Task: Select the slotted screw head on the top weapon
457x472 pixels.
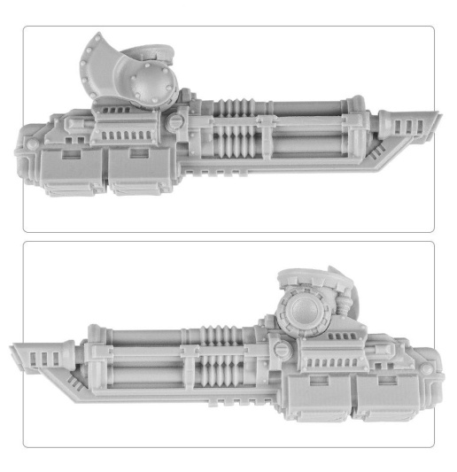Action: [178, 119]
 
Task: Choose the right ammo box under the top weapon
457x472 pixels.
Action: [142, 168]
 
